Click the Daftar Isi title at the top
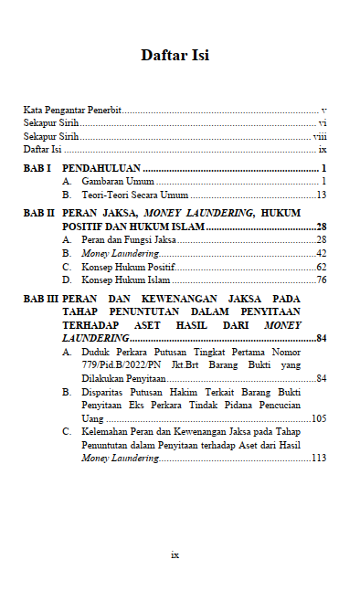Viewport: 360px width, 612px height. pos(175,56)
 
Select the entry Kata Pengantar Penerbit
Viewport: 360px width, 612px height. pos(72,109)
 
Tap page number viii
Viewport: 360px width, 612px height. pos(320,135)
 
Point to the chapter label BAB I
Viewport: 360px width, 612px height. pos(37,169)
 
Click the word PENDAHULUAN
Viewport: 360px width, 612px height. pos(101,169)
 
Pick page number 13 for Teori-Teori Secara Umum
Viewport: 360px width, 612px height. pos(321,195)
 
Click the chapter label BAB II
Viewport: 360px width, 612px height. pos(39,213)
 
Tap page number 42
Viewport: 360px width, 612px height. pos(321,253)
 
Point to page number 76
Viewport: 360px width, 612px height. pos(321,280)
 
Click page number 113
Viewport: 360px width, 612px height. pos(318,459)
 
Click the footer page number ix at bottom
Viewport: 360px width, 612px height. pos(175,554)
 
